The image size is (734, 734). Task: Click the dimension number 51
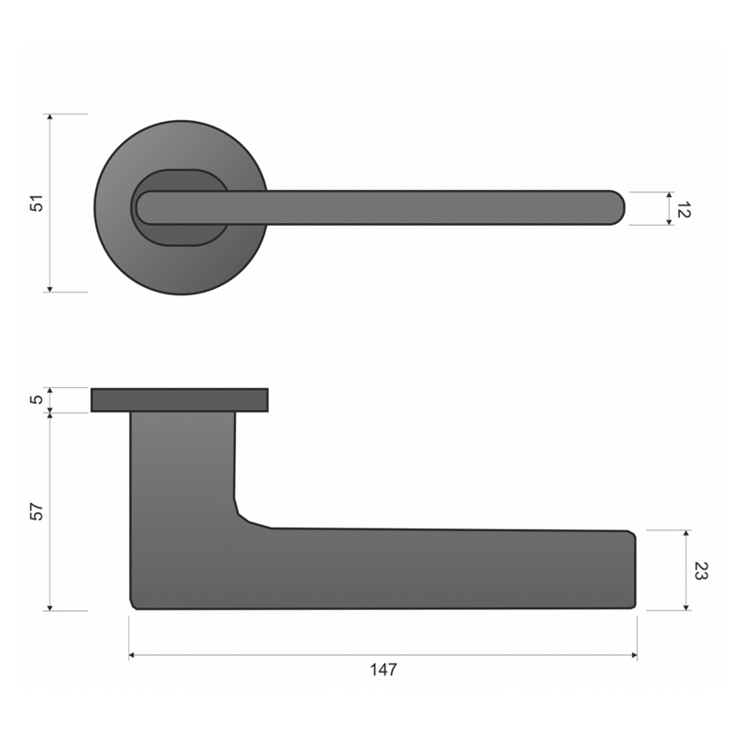point(37,203)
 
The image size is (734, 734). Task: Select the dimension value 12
point(684,210)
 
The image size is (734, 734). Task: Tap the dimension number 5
point(37,399)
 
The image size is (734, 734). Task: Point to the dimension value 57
point(37,511)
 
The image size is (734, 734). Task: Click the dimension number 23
point(701,571)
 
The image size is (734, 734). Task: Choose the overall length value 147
point(384,670)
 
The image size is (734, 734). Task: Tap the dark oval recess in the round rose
point(180,207)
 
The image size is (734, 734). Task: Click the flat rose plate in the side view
point(180,400)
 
